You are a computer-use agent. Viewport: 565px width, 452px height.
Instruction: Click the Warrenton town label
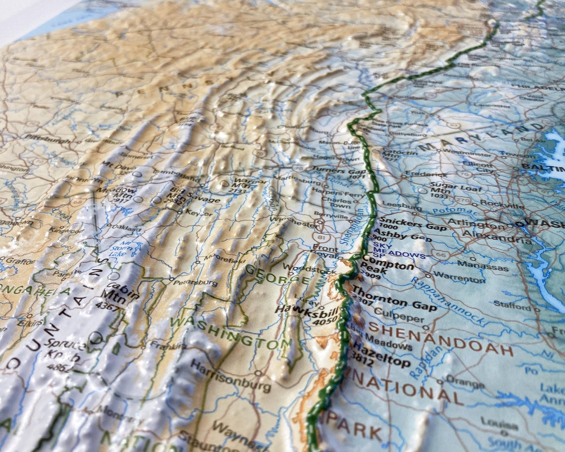pyautogui.click(x=459, y=277)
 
